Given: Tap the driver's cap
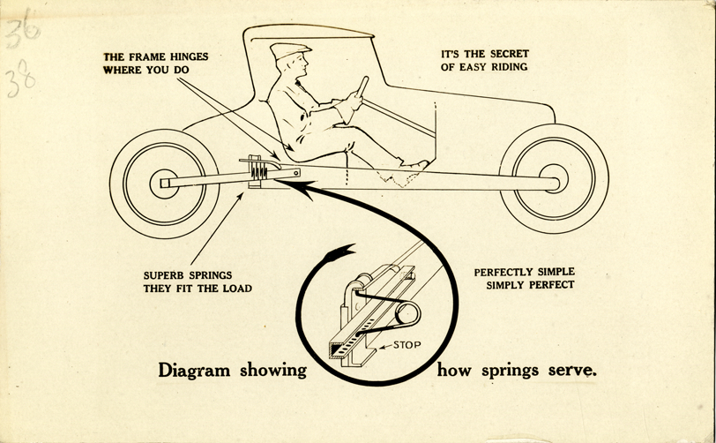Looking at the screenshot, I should [291, 51].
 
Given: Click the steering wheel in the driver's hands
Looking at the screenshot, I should [362, 88].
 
